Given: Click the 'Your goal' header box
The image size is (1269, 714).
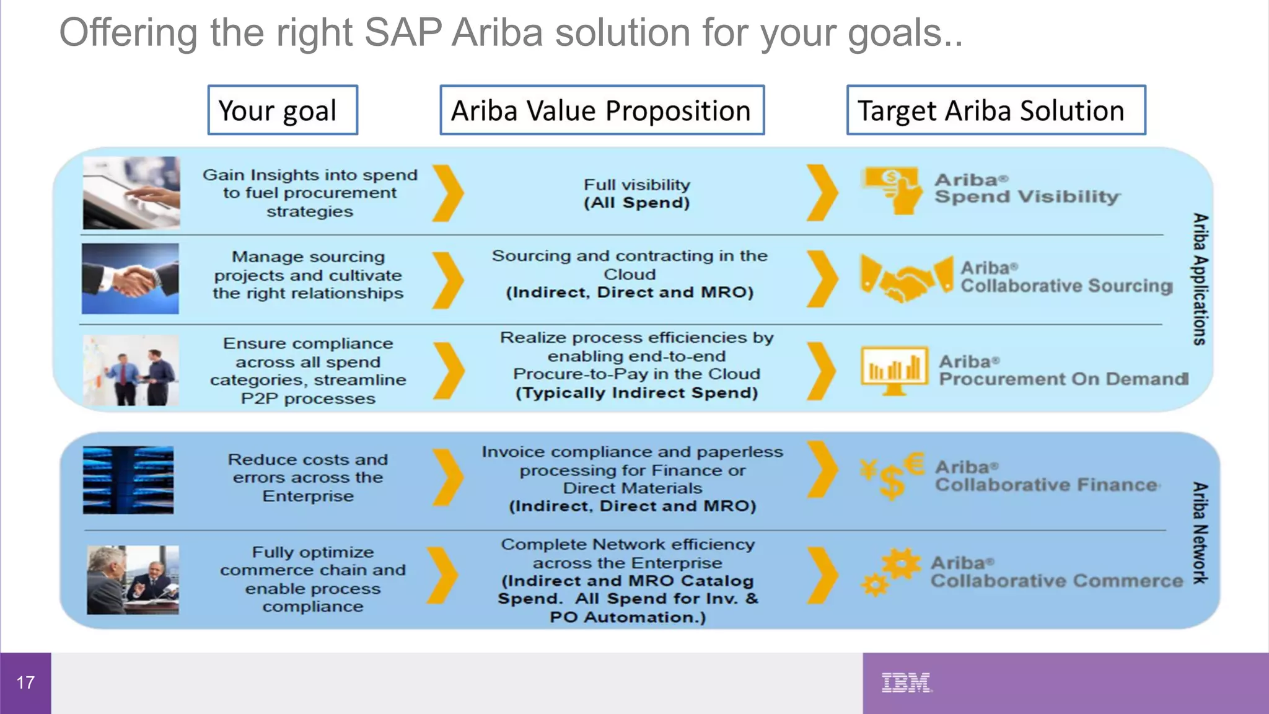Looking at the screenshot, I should coord(283,110).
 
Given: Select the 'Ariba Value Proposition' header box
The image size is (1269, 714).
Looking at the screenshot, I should coord(602,110).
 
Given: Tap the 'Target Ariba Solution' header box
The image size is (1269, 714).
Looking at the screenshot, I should coord(996,110).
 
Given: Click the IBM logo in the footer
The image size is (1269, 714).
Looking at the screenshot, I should coord(906,682).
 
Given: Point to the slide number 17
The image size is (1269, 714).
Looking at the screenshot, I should coord(25,683).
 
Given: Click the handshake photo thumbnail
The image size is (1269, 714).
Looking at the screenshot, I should coord(130,278).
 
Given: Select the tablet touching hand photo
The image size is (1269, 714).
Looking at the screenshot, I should coord(131,193).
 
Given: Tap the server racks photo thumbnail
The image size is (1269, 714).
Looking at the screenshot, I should coord(128,480).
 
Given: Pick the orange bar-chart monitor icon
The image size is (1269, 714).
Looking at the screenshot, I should coord(894,370).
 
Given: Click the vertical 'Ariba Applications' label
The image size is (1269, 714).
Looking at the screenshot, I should coord(1200,279).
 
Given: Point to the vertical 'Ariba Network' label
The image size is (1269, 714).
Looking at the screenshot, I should coord(1200,533).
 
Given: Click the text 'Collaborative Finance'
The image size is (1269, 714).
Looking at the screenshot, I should coord(1047,485).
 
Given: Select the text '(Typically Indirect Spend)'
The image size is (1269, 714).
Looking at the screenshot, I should coord(636,393).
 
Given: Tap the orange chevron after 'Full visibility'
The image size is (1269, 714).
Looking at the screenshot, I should coord(822,193).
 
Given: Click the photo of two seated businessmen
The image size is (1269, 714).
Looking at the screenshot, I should coord(133,580).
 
